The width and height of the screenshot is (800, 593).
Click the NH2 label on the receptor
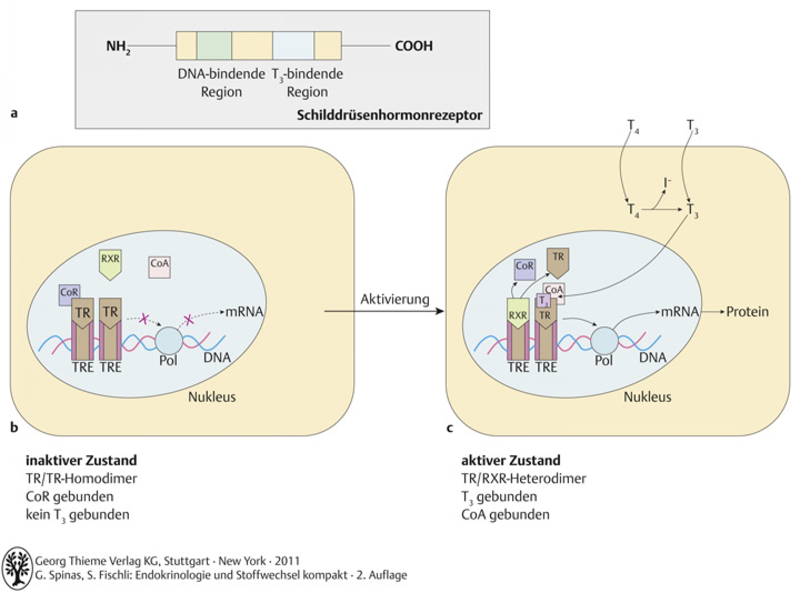[118, 47]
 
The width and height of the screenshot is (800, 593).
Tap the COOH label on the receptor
[414, 46]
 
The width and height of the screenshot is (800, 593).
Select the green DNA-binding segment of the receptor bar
[214, 46]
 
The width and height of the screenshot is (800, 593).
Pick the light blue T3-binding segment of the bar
[293, 46]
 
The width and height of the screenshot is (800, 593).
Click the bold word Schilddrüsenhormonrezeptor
[390, 115]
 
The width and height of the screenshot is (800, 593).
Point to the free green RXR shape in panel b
[110, 264]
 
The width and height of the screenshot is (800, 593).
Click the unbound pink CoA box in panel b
[160, 267]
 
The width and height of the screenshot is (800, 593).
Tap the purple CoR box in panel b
[69, 295]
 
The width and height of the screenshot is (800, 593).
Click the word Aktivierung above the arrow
[395, 299]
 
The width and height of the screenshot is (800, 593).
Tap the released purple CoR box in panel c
[525, 269]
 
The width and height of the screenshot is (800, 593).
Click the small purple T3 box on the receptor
[543, 301]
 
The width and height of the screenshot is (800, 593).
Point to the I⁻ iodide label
[667, 182]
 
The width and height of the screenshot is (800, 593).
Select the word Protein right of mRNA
[747, 312]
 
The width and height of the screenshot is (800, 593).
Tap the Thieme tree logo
[17, 568]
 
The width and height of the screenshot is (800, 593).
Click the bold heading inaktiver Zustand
[81, 460]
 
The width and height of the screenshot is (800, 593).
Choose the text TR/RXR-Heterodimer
[523, 479]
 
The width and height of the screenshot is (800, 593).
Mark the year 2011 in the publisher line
[287, 561]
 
